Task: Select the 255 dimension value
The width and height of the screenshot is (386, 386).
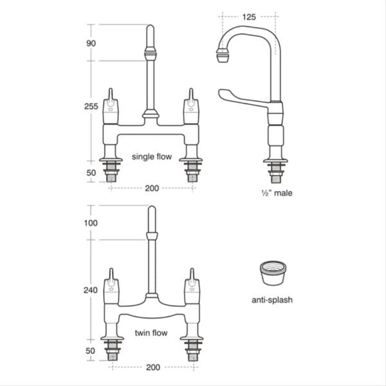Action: click(x=91, y=107)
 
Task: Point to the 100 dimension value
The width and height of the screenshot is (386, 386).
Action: click(x=91, y=223)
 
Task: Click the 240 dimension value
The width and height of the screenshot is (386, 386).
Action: click(x=91, y=289)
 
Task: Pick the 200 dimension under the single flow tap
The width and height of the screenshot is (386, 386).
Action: click(x=152, y=188)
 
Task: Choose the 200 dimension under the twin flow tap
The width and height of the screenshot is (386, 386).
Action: click(x=152, y=369)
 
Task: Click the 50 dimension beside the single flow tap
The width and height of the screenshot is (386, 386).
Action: click(x=91, y=173)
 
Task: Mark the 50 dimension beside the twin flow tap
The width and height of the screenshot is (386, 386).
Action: click(x=91, y=351)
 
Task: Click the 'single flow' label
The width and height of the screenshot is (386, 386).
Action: click(x=152, y=156)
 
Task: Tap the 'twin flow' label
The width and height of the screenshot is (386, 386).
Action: click(x=152, y=333)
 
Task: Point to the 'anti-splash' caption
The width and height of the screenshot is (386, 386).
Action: click(x=272, y=300)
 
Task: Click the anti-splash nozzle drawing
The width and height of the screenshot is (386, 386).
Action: click(x=272, y=275)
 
